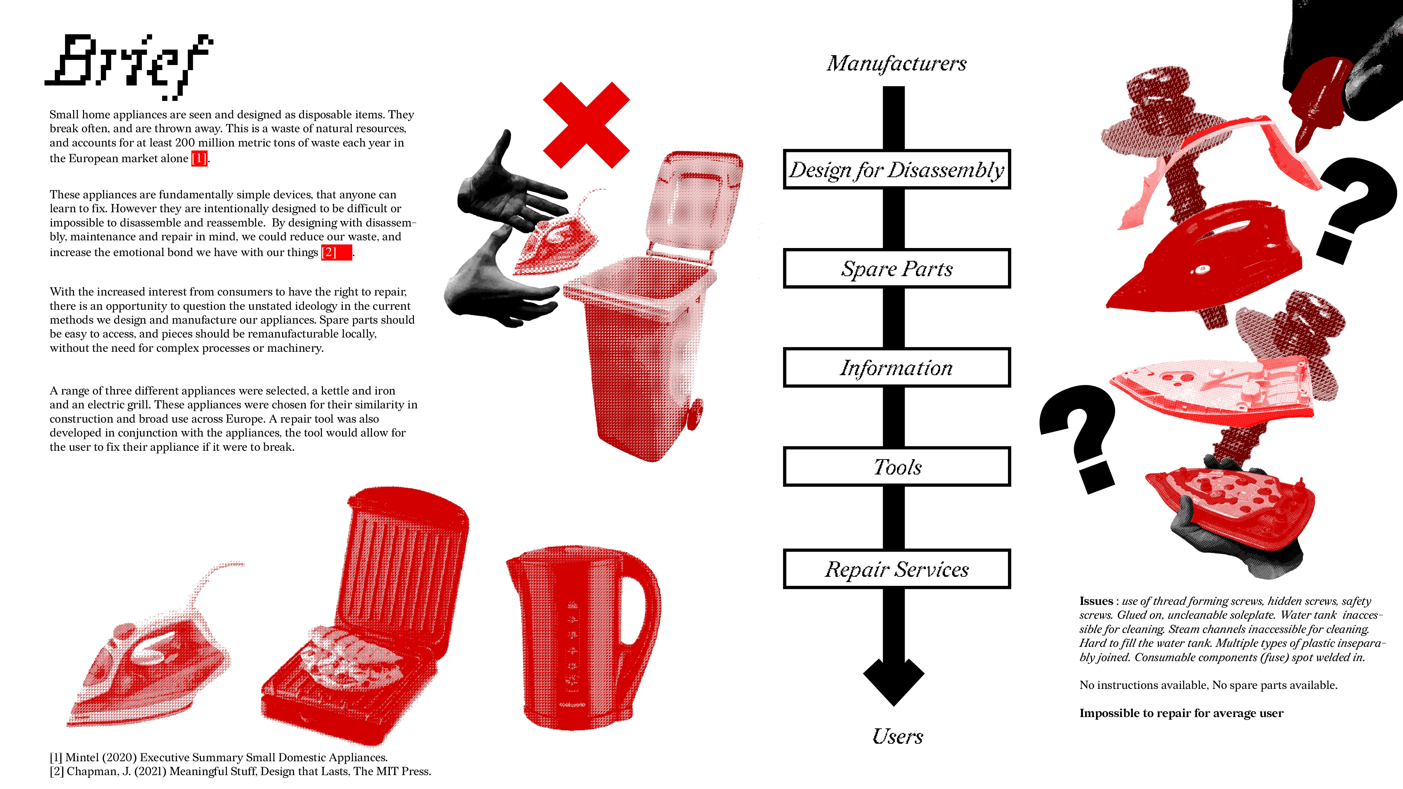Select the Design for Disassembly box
pos(897,169)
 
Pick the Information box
pos(897,367)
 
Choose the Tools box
pos(897,467)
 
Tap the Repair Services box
pos(897,569)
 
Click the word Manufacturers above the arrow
pos(897,64)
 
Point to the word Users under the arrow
pos(898,736)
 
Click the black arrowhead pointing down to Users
pos(894,681)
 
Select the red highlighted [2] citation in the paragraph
pos(337,252)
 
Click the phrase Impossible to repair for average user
pos(1181,713)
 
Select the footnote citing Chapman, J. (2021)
pos(240,771)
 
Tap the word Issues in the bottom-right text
pos(1096,601)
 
